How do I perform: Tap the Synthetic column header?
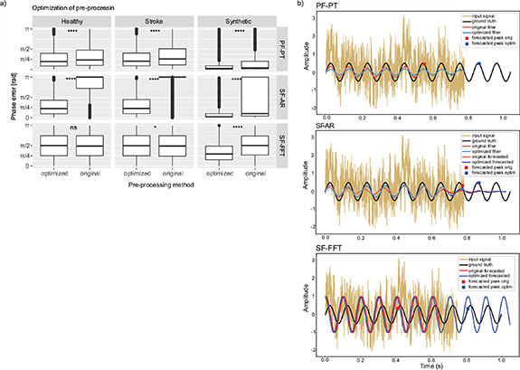click(x=228, y=19)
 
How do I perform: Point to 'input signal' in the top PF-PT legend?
click(x=479, y=18)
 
